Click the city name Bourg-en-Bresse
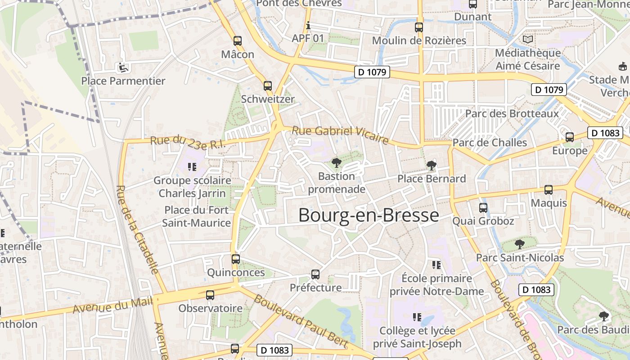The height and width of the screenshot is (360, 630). click(368, 216)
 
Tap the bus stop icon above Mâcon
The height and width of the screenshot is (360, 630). click(238, 41)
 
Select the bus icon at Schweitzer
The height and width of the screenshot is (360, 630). click(268, 85)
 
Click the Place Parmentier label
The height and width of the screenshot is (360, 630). click(123, 81)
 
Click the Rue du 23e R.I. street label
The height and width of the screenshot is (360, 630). click(187, 144)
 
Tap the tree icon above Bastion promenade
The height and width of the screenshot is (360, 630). click(336, 163)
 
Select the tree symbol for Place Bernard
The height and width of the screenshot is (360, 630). click(431, 166)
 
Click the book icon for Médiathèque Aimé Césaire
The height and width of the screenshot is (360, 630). click(527, 40)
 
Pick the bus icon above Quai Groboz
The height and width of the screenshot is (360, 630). click(483, 208)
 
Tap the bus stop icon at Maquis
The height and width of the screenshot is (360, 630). click(549, 190)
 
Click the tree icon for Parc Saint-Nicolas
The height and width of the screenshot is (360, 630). click(520, 244)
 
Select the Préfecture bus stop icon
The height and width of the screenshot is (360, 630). click(315, 274)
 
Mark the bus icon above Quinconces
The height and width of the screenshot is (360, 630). click(236, 259)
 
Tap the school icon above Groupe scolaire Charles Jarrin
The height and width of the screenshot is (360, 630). click(192, 167)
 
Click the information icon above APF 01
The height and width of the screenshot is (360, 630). click(308, 25)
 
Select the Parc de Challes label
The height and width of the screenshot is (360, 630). click(490, 143)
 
